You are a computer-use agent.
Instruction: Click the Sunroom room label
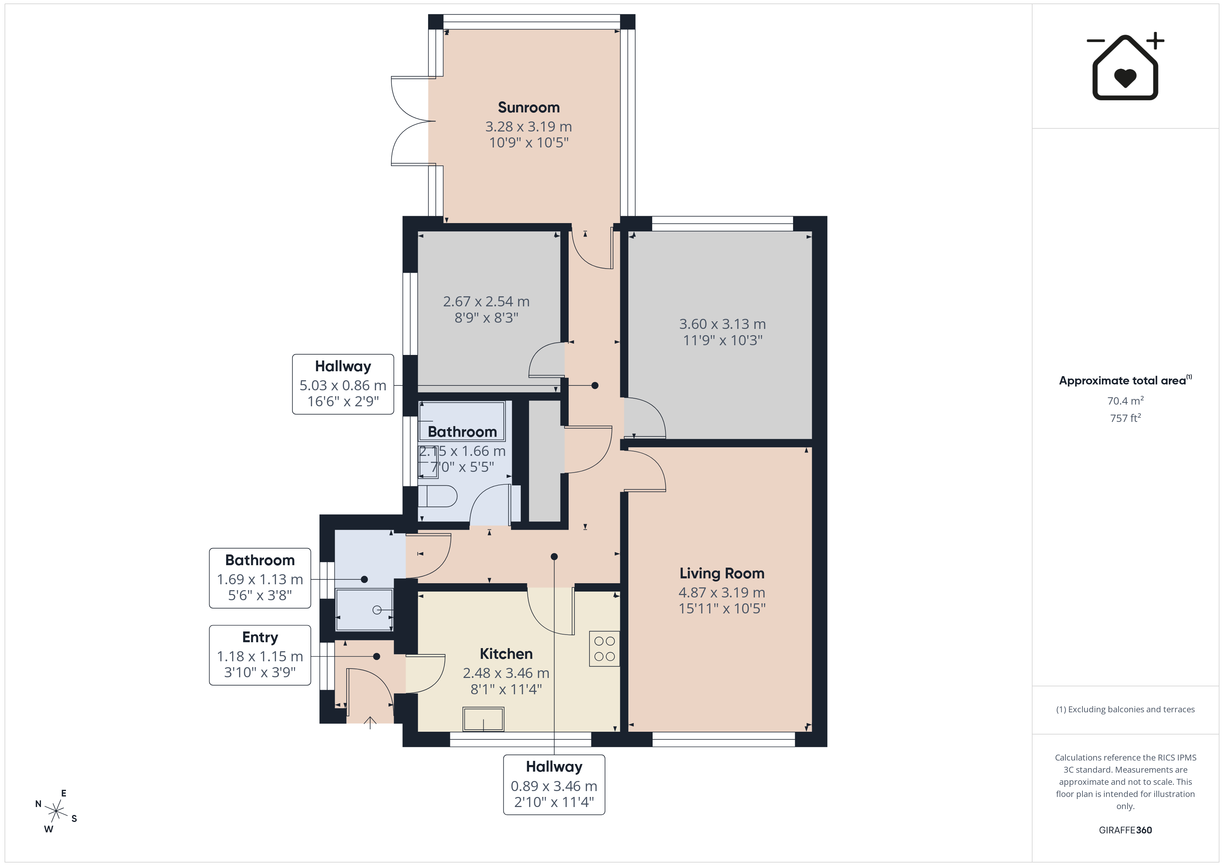[528, 107]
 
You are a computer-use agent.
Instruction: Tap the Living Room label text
[722, 573]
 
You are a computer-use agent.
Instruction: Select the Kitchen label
[506, 654]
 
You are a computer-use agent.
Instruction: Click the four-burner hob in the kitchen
[604, 648]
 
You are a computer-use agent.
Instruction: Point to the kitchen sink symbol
[484, 719]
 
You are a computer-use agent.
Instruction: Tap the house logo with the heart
[1125, 67]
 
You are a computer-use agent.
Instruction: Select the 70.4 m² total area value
[1125, 400]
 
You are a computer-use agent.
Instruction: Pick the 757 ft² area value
[1125, 418]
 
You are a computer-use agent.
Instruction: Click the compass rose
[56, 811]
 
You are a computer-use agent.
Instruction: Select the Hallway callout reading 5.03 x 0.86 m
[343, 384]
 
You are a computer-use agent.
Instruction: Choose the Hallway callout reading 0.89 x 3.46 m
[554, 784]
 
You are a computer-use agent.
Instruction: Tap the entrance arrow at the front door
[370, 723]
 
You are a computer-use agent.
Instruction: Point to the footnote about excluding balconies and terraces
[1125, 709]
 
